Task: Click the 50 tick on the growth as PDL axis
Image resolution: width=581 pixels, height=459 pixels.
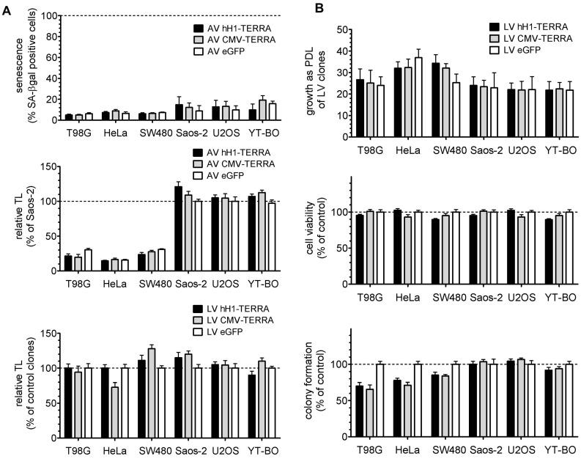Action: point(340,29)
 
